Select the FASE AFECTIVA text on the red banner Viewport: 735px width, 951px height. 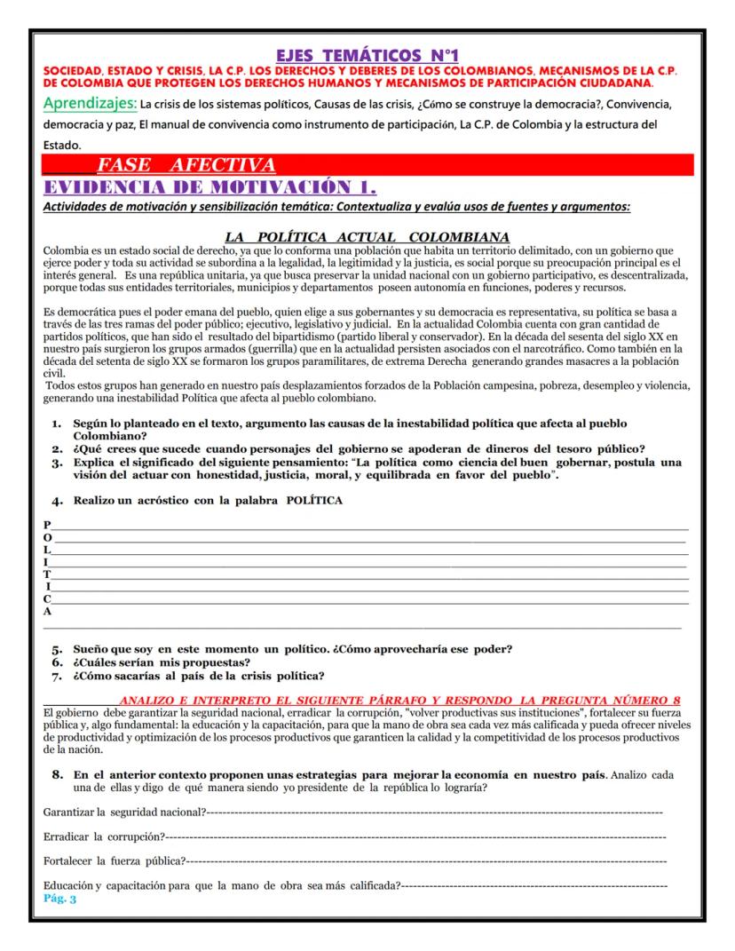point(186,165)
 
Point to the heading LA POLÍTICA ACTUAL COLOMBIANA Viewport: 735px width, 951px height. point(367,237)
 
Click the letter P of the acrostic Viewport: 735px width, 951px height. point(47,526)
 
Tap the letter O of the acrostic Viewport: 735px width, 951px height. point(48,538)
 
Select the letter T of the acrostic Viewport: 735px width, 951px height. point(47,575)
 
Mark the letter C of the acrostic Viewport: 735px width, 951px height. point(47,599)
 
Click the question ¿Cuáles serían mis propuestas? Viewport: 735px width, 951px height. point(162,662)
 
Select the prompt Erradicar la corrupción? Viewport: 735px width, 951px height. point(104,836)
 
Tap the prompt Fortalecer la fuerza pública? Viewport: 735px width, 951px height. point(115,860)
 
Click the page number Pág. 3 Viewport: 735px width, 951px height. point(60,899)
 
